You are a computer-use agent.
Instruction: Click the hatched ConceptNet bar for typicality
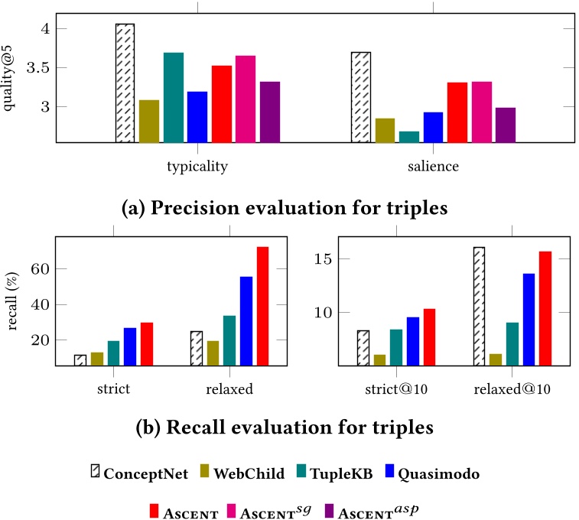pos(125,83)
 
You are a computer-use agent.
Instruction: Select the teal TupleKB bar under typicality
pos(173,97)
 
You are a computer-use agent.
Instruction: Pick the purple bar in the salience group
pos(506,125)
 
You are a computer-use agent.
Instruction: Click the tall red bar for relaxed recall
pos(262,306)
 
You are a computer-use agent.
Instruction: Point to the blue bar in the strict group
pos(130,346)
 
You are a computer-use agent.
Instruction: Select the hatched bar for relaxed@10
pos(478,306)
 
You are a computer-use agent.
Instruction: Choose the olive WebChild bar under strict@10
pos(379,359)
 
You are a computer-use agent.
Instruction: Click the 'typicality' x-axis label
pos(197,165)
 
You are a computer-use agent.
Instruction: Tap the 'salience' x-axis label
pos(433,165)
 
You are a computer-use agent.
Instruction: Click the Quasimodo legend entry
pos(439,474)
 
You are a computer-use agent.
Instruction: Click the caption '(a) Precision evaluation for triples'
pos(289,207)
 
